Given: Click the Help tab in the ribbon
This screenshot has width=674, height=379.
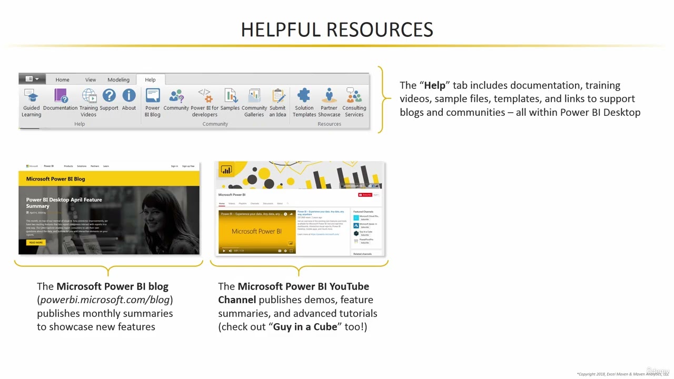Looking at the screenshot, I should pos(150,80).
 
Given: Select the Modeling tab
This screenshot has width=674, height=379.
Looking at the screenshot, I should pos(118,80).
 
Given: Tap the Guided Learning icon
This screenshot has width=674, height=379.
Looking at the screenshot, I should pos(32,96).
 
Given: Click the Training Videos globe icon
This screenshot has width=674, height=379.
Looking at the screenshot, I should pos(89,96).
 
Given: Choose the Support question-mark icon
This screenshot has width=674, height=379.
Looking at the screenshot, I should pos(109,96).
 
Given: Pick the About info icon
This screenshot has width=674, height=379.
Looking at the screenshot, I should pos(129,96).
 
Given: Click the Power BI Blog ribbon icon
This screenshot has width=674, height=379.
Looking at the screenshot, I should pos(153,96).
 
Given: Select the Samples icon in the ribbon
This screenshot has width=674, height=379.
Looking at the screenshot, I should pos(230,96).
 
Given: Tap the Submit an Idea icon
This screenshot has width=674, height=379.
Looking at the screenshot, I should pos(278,96).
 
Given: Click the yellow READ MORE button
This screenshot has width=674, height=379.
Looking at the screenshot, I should pos(36,243).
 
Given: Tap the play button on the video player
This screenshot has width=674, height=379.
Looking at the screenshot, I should pos(224,251).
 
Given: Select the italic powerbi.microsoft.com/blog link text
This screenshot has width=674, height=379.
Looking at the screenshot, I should pos(105,300).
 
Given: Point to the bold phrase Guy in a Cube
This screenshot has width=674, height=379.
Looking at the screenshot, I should pos(305,327).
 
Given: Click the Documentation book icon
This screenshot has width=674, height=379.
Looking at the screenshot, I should pos(61,96).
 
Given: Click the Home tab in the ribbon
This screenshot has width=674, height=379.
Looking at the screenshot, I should pos(62,80).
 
